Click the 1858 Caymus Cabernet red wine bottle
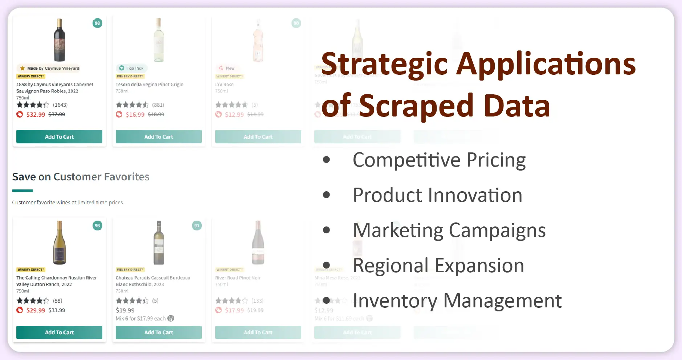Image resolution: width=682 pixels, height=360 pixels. (x=60, y=40)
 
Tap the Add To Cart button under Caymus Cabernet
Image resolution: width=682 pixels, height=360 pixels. (x=59, y=137)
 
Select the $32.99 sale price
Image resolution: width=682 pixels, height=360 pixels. (x=36, y=115)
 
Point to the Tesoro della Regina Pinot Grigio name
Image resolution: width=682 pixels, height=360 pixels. (x=150, y=85)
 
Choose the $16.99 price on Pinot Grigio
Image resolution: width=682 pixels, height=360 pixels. (x=135, y=115)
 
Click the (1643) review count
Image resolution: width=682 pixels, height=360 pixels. (x=60, y=105)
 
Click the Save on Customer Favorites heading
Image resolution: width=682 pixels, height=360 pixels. (x=81, y=177)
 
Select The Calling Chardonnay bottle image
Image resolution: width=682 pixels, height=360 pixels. (x=60, y=242)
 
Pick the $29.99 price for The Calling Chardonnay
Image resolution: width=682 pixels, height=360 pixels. (x=36, y=310)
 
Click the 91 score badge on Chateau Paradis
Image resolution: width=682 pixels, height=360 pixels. (x=197, y=226)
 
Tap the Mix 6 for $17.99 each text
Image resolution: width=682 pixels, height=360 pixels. (x=140, y=319)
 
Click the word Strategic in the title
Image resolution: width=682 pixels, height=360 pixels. (x=384, y=64)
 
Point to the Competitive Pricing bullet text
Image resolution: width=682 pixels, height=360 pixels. (x=439, y=160)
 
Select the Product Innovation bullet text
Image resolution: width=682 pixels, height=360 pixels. (x=437, y=195)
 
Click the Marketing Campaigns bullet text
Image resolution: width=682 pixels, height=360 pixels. (x=449, y=230)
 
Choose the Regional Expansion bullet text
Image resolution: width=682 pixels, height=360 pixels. (x=438, y=266)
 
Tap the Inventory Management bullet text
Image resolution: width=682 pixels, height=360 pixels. (x=457, y=301)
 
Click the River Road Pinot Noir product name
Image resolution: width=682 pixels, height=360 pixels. (x=238, y=278)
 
